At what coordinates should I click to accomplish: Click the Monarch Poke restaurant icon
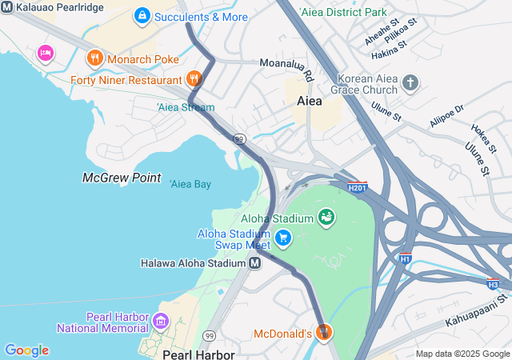(94, 58)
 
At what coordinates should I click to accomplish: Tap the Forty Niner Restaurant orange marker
(194, 79)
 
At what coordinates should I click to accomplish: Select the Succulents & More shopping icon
(142, 15)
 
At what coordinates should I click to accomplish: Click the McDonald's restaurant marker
(323, 332)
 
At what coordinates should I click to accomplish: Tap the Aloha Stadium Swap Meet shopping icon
(282, 238)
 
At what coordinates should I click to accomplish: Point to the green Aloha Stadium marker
(326, 217)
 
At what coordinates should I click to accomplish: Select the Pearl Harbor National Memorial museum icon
(160, 322)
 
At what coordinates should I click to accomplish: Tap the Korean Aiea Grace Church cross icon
(410, 83)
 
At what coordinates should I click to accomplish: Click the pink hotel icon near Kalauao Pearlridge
(45, 53)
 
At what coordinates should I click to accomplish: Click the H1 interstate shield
(406, 258)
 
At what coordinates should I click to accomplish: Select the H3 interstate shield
(493, 284)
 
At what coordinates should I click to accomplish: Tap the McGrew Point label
(122, 178)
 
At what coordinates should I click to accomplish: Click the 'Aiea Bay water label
(190, 184)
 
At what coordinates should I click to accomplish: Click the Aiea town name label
(310, 102)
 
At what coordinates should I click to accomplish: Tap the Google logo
(26, 350)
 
